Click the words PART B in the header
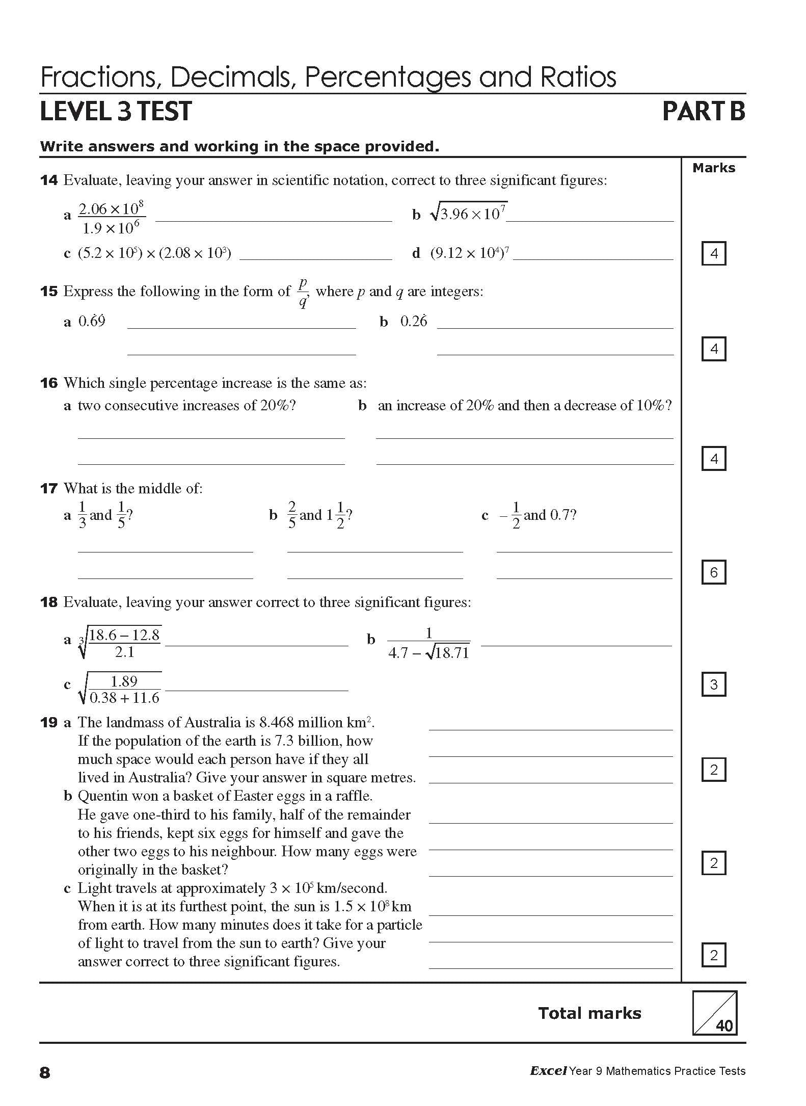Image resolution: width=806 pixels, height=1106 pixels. (704, 112)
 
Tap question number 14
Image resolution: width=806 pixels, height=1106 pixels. (48, 180)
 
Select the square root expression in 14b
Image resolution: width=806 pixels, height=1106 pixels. (469, 213)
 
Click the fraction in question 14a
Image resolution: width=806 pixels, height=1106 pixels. (111, 218)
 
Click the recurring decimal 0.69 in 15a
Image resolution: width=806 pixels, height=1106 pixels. (92, 322)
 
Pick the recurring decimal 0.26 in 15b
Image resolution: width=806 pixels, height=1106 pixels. (413, 322)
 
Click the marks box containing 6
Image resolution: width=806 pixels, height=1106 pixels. (713, 572)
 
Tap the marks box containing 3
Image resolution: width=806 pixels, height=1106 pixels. (713, 684)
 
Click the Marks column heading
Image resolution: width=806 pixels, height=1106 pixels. (713, 168)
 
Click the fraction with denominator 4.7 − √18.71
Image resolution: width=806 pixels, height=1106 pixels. (428, 644)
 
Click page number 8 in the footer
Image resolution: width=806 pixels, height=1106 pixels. (45, 1073)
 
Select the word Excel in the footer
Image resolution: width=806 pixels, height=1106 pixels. (548, 1071)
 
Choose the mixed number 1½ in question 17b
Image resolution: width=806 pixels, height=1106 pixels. (337, 515)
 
